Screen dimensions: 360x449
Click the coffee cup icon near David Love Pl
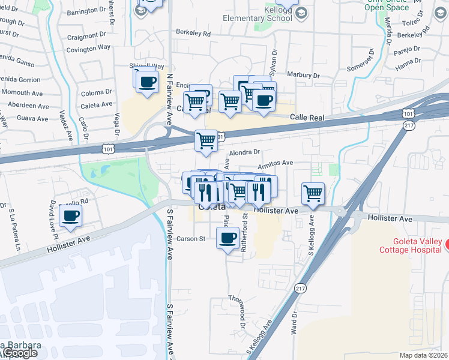point(70,215)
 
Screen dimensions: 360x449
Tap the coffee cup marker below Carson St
point(228,238)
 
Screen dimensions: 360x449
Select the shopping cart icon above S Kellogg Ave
point(313,193)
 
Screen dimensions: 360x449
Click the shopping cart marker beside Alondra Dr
point(206,140)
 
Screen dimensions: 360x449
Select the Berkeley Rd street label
point(193,34)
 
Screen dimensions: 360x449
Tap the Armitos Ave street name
point(275,163)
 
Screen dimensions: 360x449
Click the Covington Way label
point(89,47)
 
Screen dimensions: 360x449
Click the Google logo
point(19,353)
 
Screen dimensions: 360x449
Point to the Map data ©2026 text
point(424,355)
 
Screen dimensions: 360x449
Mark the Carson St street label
point(191,238)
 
